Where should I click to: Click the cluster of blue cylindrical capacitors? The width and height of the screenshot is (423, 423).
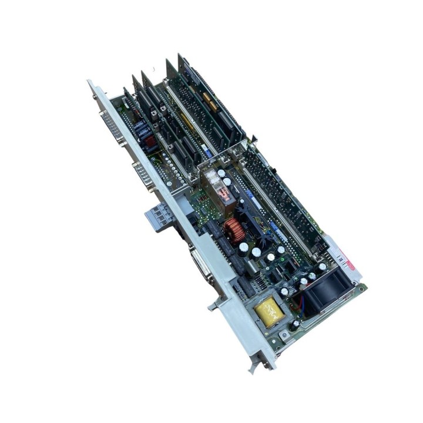tap(143, 130)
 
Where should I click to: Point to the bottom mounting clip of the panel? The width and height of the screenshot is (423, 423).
tap(254, 368)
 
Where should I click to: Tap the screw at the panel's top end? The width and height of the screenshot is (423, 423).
tap(93, 87)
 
